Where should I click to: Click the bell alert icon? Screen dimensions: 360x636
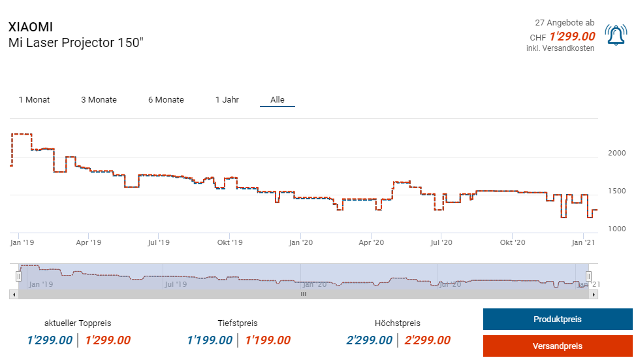click(616, 35)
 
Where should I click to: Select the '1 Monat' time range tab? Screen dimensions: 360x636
click(34, 100)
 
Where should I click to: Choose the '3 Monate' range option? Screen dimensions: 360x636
click(99, 100)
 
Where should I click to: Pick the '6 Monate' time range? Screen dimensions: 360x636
click(166, 100)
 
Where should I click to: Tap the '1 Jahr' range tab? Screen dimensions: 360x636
click(227, 100)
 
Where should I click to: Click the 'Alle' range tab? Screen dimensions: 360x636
click(278, 100)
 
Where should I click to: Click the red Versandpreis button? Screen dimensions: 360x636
click(557, 346)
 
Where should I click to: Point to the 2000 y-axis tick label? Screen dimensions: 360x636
click(617, 153)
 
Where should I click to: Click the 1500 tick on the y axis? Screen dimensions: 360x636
click(617, 191)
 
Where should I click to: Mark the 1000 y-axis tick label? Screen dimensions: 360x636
click(617, 229)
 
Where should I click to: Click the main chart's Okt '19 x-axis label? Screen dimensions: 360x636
click(229, 242)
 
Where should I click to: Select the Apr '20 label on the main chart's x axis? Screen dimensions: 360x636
click(371, 242)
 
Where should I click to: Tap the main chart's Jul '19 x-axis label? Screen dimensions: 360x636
click(159, 242)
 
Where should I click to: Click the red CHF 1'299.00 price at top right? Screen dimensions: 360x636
click(572, 37)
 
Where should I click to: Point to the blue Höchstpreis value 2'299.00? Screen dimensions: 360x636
click(370, 340)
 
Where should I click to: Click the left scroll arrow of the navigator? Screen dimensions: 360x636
click(13, 295)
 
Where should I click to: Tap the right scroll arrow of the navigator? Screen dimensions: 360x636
click(593, 295)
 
